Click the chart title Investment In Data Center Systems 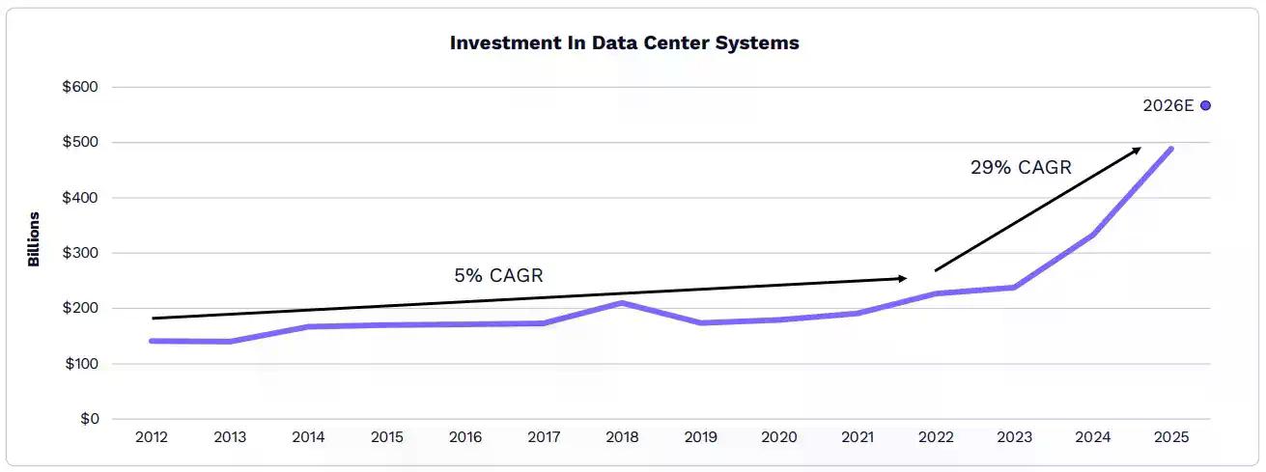(x=624, y=43)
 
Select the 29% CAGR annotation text (x=1021, y=167)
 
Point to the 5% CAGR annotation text (x=498, y=275)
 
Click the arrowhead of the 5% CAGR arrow (x=903, y=278)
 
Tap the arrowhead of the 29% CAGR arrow (x=1137, y=150)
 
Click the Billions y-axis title (x=34, y=238)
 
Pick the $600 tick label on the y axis (x=80, y=87)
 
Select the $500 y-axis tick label (x=80, y=143)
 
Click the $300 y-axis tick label (x=80, y=253)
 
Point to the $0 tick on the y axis (x=89, y=419)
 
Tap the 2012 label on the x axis (x=152, y=437)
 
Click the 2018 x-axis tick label (x=622, y=437)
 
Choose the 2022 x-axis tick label (x=936, y=437)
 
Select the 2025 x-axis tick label (x=1170, y=437)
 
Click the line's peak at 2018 (x=623, y=303)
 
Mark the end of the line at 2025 (x=1171, y=149)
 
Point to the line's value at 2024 (x=1093, y=235)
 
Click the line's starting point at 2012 (x=152, y=341)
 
